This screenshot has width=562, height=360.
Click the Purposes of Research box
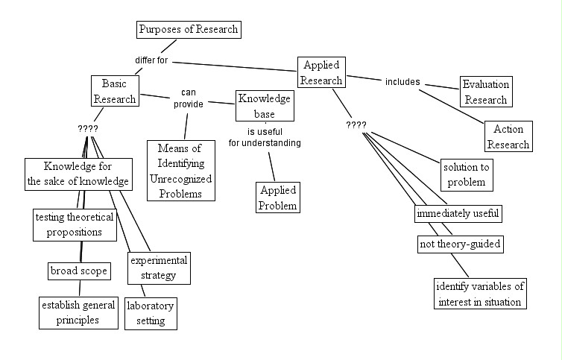[x=189, y=30]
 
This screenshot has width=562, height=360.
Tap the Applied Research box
[x=322, y=72]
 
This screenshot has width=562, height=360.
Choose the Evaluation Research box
[x=484, y=92]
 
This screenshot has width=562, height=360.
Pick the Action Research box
[x=508, y=136]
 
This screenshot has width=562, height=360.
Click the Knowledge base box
[x=265, y=106]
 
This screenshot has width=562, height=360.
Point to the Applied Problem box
[x=278, y=198]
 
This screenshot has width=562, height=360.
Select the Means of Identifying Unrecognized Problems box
[x=180, y=170]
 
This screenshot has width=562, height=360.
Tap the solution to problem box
[x=467, y=174]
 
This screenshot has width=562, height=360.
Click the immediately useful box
[x=458, y=213]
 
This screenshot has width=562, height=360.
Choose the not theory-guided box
[x=458, y=244]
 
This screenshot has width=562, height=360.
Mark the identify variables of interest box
[x=481, y=294]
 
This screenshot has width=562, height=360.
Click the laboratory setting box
[x=151, y=314]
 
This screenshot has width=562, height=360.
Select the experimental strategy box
[x=158, y=268]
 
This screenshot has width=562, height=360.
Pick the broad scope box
[x=79, y=271]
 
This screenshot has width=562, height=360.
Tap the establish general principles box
[x=79, y=312]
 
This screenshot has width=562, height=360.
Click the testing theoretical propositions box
[x=75, y=224]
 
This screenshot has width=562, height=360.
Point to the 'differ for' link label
[x=151, y=60]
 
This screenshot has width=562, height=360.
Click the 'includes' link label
[x=402, y=82]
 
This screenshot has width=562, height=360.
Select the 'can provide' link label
[x=189, y=99]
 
